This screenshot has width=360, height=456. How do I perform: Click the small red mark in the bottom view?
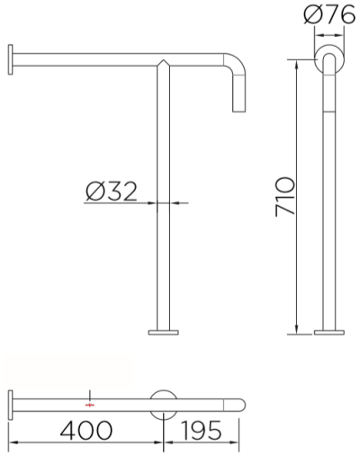[x=89, y=405]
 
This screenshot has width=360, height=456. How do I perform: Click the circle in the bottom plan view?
[x=164, y=405]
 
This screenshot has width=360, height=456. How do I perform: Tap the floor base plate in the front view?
[x=164, y=333]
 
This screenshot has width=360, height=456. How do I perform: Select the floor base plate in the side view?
[x=329, y=333]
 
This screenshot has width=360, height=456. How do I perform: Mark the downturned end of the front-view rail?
[x=238, y=101]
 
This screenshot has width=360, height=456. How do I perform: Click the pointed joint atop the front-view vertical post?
[x=164, y=63]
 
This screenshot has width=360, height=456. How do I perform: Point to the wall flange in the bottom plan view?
[x=10, y=405]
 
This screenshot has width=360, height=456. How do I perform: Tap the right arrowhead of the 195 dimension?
[x=240, y=443]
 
